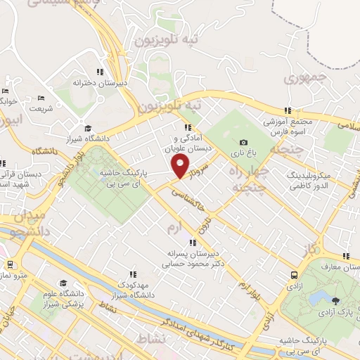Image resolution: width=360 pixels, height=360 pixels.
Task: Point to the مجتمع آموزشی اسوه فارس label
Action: [x=288, y=126]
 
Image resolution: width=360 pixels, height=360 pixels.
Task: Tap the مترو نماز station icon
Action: [x=10, y=264]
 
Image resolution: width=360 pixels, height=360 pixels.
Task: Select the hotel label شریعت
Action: [x=40, y=109]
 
